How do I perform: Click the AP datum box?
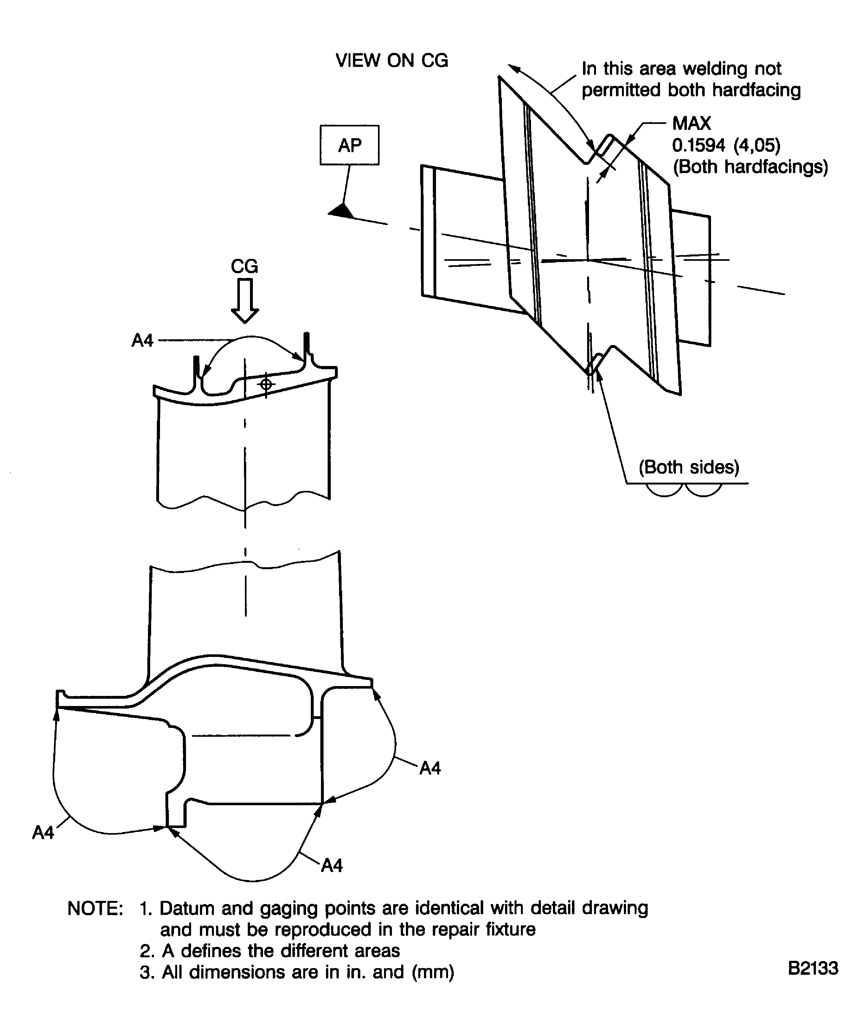pyautogui.click(x=349, y=145)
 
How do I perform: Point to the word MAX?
pyautogui.click(x=691, y=123)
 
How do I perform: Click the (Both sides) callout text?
pyautogui.click(x=688, y=467)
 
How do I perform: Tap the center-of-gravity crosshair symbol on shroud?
pyautogui.click(x=266, y=384)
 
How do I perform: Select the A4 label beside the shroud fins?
pyautogui.click(x=142, y=340)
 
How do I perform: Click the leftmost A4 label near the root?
pyautogui.click(x=43, y=832)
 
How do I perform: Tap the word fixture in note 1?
pyautogui.click(x=510, y=929)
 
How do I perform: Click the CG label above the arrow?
pyautogui.click(x=244, y=267)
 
